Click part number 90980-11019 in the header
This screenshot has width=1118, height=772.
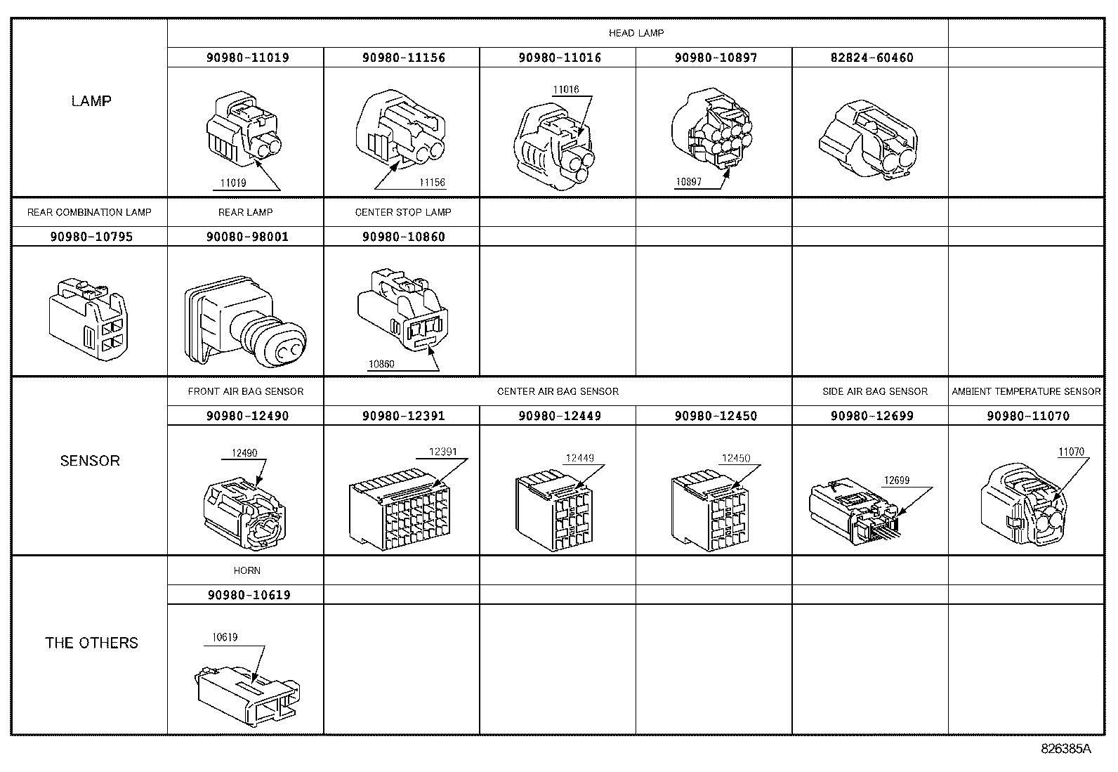(247, 58)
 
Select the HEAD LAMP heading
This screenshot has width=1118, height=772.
(636, 33)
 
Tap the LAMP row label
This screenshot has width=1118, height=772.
(91, 101)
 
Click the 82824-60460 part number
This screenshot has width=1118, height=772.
(872, 58)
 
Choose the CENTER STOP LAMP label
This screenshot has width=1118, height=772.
(402, 212)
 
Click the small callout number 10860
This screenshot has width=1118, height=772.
(381, 365)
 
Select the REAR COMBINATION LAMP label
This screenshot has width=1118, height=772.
(89, 212)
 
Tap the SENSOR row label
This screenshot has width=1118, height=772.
(90, 461)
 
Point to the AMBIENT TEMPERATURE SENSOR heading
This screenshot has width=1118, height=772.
(1026, 391)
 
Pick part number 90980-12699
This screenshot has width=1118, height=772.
(872, 416)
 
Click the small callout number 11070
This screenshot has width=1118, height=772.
(1071, 452)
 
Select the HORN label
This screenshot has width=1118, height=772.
(247, 570)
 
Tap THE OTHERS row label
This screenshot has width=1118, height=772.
(91, 643)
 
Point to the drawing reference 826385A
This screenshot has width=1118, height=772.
(1065, 749)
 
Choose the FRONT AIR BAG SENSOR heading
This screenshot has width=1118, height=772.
(246, 391)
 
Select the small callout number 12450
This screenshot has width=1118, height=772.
(736, 459)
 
